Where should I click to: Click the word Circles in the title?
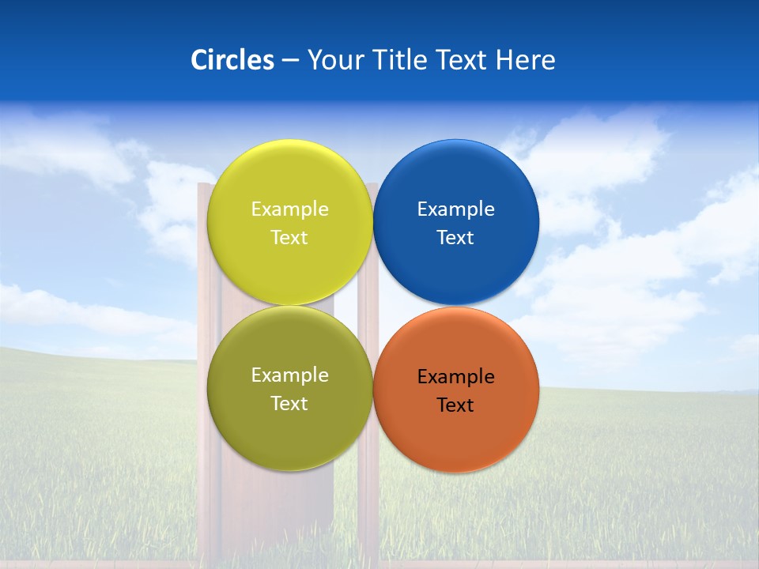[x=232, y=60]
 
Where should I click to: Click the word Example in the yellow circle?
[x=289, y=209]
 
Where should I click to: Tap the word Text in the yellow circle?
[x=289, y=238]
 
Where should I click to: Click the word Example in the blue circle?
[x=456, y=209]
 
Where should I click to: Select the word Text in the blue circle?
[x=456, y=238]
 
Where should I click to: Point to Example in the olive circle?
[x=289, y=375]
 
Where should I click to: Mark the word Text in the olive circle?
[x=289, y=404]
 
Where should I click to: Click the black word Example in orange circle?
[x=456, y=377]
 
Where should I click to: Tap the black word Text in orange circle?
[x=456, y=405]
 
